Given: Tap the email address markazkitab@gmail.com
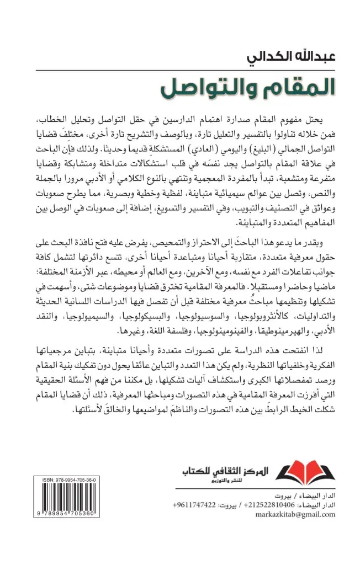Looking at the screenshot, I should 297,516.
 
